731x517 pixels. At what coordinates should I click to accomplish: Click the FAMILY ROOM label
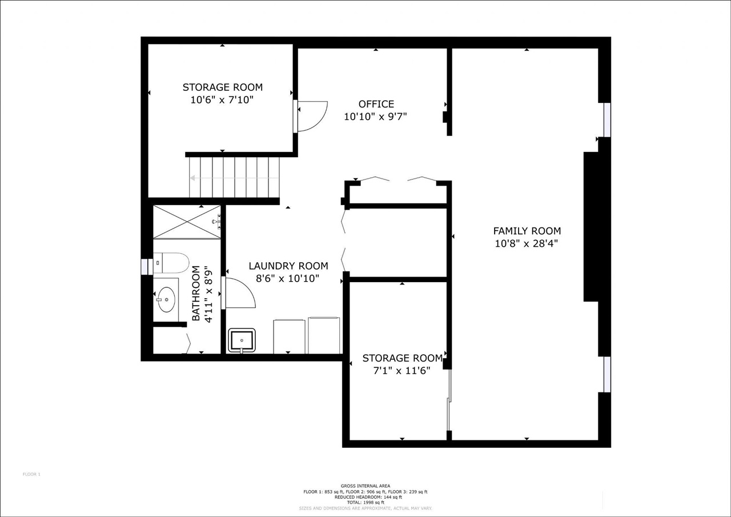point(527,231)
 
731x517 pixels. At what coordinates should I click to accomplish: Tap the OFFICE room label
point(376,104)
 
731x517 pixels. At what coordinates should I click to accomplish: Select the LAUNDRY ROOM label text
point(288,266)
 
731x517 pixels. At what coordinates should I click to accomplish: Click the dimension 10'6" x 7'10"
point(222,100)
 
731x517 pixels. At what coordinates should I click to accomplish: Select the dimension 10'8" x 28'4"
point(527,243)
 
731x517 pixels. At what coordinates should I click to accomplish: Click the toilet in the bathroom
point(171,263)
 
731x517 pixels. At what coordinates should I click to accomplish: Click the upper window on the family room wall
point(607,120)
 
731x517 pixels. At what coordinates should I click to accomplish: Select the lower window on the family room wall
point(607,374)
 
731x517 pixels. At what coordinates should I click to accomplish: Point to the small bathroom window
point(145,267)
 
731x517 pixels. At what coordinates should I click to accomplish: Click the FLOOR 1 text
point(32,474)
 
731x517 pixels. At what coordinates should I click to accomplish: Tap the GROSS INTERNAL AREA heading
point(365,486)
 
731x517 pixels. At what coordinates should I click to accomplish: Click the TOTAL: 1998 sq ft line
point(365,502)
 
